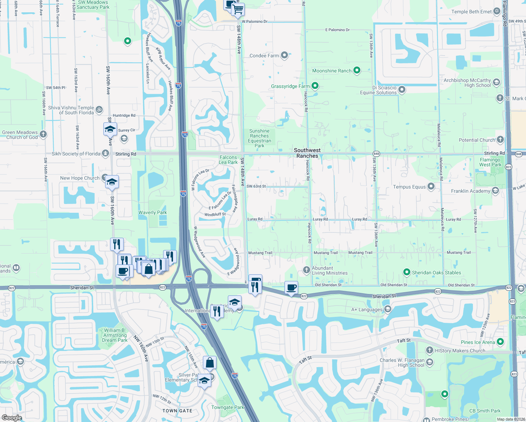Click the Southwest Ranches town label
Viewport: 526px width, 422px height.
307,153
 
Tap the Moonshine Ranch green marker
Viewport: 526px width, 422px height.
357,70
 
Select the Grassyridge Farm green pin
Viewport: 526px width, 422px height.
315,85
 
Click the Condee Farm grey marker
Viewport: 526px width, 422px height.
284,55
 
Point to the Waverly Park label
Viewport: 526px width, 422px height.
153,212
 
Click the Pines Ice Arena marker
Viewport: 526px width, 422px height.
501,341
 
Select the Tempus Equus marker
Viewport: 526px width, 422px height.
431,186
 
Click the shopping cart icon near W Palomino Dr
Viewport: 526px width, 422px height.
238,9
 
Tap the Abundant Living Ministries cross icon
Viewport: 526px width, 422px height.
307,270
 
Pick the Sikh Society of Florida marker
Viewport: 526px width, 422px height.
105,153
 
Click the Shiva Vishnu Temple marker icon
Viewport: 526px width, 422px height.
99,109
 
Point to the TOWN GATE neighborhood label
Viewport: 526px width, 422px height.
177,411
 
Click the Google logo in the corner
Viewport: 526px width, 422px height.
12,417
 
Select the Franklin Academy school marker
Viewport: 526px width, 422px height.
495,191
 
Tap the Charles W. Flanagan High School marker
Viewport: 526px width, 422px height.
430,362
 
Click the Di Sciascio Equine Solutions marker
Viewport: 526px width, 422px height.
402,90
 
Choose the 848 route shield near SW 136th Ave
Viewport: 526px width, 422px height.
377,154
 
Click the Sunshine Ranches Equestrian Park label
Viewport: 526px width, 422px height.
259,138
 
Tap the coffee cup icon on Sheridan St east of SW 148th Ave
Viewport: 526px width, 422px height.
291,288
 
